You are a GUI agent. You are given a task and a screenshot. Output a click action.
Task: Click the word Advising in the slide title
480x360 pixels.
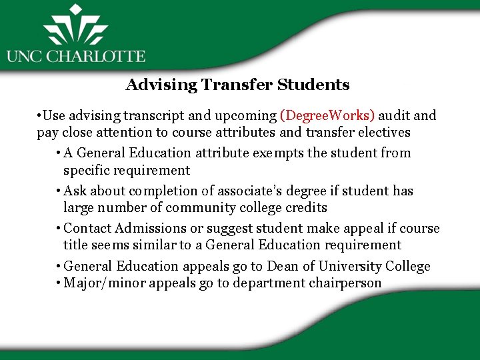pyautogui.click(x=152, y=85)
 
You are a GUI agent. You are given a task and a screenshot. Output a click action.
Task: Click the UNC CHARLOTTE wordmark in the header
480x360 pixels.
pyautogui.click(x=75, y=56)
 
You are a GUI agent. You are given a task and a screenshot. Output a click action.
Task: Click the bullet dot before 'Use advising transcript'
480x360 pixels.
pyautogui.click(x=41, y=115)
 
